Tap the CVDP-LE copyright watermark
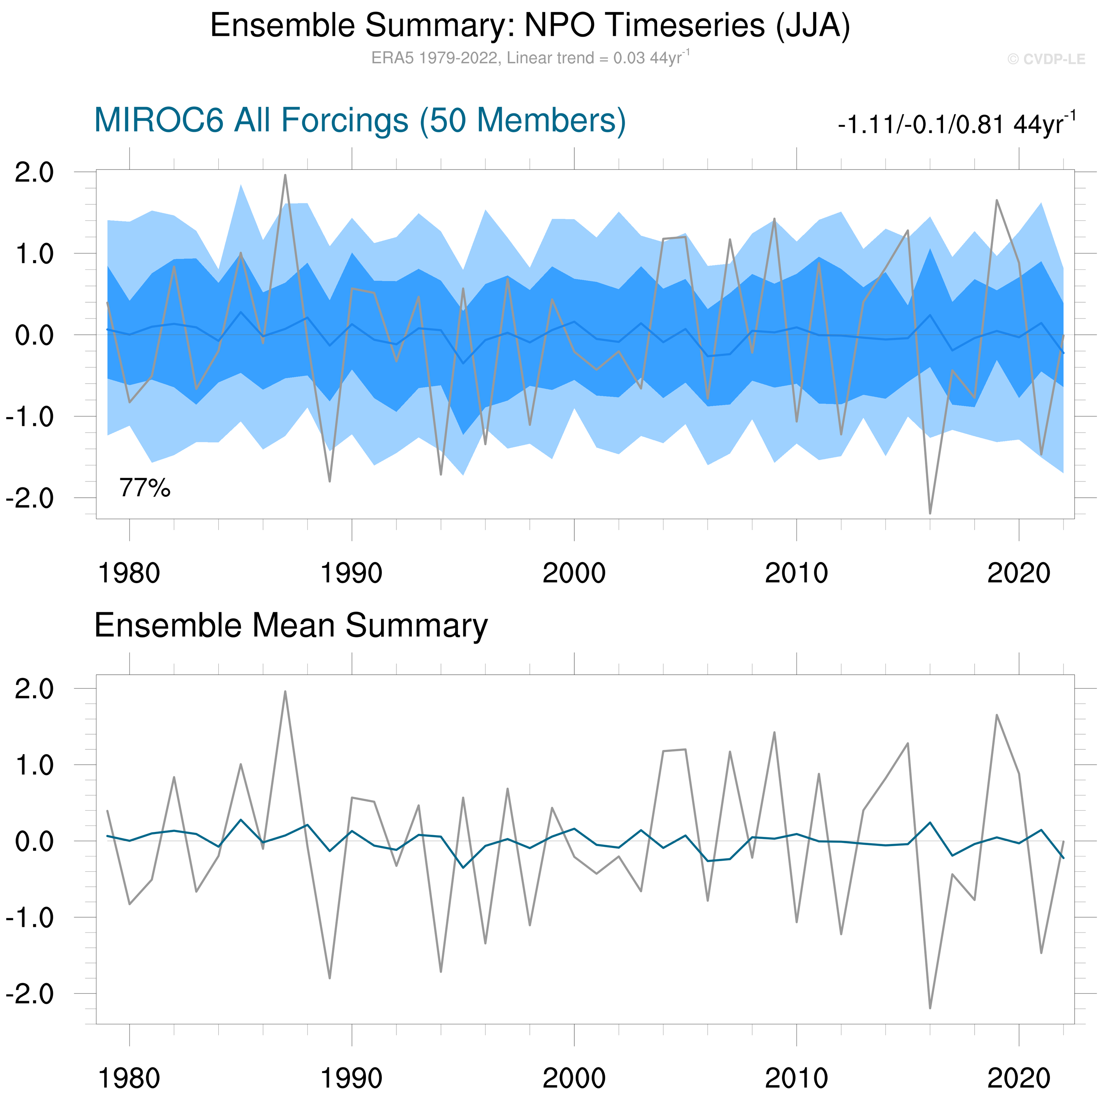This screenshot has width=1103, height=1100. click(1046, 59)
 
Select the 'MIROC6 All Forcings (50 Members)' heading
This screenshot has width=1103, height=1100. click(360, 121)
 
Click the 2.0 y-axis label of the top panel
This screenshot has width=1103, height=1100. click(34, 172)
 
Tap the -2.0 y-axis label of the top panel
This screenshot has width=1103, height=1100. click(30, 499)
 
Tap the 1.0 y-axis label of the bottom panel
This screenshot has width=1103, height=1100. click(34, 765)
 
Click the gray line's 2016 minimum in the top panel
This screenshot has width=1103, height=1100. click(930, 513)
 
